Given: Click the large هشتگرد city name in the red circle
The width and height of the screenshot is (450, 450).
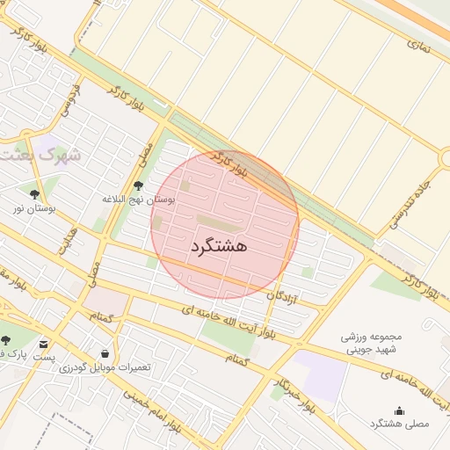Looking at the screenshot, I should [218, 245].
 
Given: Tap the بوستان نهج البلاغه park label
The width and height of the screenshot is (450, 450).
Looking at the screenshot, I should [139, 200].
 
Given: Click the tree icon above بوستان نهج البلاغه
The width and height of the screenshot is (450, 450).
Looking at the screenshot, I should [138, 185].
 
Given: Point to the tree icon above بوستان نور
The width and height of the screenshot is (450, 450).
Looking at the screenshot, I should [35, 194].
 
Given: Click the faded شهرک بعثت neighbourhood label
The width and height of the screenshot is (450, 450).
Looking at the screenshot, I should [40, 156].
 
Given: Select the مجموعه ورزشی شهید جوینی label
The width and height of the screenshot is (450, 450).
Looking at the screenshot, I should [371, 344].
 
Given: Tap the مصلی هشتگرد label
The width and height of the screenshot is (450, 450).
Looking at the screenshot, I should [400, 424].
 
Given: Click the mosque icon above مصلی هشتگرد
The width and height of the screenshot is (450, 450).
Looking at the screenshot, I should [400, 410].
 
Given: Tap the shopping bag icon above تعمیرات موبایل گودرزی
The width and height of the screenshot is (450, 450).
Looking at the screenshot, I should [105, 353].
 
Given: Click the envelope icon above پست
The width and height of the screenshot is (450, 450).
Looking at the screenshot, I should [44, 343].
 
